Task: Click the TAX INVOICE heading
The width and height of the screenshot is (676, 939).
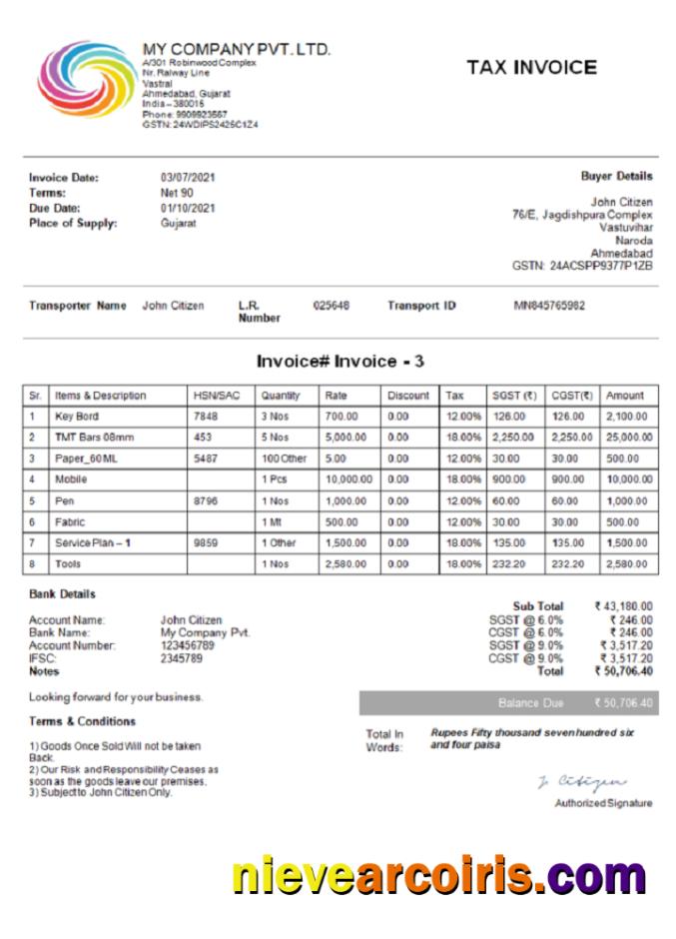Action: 531,68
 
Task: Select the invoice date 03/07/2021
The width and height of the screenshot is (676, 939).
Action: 189,178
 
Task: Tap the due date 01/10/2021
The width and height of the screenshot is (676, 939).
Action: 189,208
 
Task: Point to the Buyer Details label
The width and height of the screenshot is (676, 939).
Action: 616,176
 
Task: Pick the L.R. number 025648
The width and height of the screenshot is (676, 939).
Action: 331,306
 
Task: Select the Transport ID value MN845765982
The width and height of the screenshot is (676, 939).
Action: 549,306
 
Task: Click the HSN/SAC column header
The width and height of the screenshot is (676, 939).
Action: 217,396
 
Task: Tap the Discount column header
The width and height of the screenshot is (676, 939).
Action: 408,396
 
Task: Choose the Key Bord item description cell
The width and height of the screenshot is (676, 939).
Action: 77,417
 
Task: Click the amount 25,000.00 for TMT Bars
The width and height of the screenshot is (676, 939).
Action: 628,438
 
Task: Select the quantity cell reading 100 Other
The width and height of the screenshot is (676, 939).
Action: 285,459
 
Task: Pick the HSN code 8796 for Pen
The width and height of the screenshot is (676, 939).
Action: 206,500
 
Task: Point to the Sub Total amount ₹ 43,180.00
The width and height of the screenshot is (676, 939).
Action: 623,606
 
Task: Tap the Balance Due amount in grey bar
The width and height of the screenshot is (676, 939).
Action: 623,703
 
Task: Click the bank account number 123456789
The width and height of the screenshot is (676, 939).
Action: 188,646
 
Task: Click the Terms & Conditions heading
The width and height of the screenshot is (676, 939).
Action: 82,721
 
